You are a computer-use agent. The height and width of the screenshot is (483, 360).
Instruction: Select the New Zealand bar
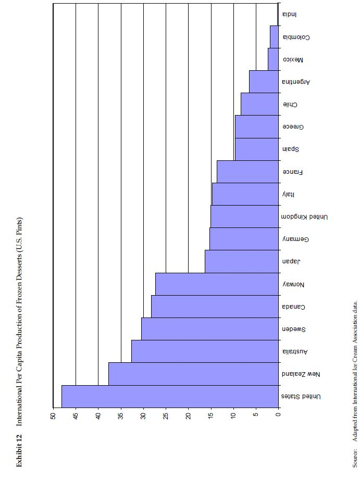click(x=193, y=373)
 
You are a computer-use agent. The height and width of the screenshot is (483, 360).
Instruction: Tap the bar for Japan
click(x=242, y=261)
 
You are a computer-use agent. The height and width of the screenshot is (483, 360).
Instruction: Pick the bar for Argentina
click(x=264, y=82)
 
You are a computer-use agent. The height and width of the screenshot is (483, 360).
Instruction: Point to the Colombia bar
click(x=274, y=37)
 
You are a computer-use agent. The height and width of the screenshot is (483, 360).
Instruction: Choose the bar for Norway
click(x=217, y=284)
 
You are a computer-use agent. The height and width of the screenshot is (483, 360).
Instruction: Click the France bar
click(x=247, y=171)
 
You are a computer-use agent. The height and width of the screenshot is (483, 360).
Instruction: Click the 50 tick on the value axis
click(x=53, y=416)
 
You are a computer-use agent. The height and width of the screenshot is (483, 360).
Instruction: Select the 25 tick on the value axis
click(x=166, y=416)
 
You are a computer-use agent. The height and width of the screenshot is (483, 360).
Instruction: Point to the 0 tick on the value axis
click(x=278, y=416)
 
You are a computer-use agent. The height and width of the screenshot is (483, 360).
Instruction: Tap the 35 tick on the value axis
click(x=121, y=416)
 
